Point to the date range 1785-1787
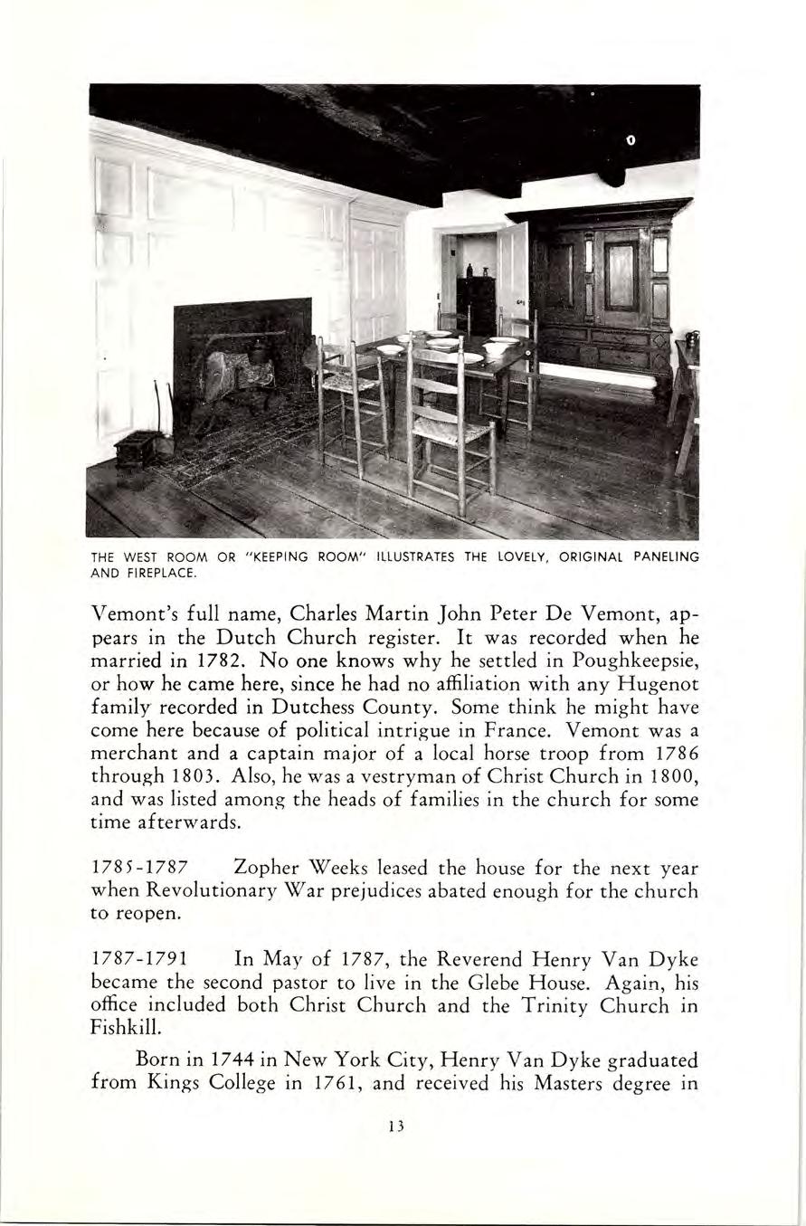click(x=141, y=869)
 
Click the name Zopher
click(x=268, y=869)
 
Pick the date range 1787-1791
click(x=141, y=958)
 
